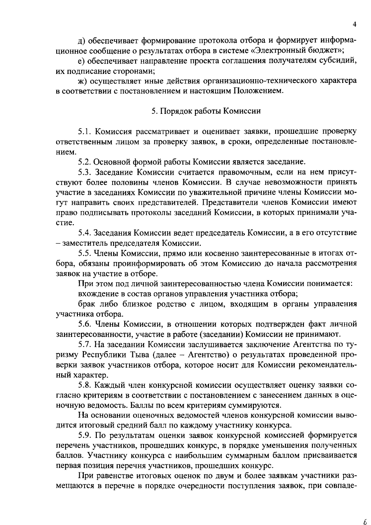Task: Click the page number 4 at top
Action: pos(355,24)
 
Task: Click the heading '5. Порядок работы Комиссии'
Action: pos(206,111)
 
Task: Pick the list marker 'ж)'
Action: pos(83,81)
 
